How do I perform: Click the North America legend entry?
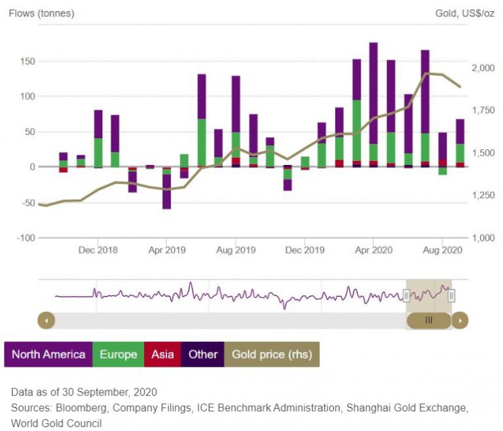click(48, 354)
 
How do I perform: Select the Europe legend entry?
click(119, 354)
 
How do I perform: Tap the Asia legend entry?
click(162, 354)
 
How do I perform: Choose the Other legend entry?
click(203, 354)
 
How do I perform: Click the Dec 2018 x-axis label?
click(97, 250)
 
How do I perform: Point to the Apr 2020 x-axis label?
click(373, 250)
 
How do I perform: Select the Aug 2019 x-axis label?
click(235, 250)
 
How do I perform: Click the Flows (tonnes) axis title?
click(41, 13)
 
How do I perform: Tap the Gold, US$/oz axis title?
click(464, 13)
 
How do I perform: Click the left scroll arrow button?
click(47, 320)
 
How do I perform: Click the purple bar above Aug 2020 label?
click(443, 146)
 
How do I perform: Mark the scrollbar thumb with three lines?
click(429, 320)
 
